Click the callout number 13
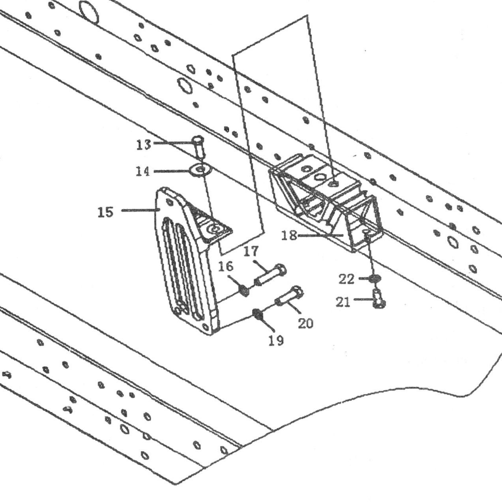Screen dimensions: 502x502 [x=143, y=145]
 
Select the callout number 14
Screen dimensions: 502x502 [x=143, y=172]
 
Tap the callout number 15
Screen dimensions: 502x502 [x=106, y=212]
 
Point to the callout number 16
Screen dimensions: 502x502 [x=226, y=266]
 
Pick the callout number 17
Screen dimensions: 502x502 [x=251, y=251]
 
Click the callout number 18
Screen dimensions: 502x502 [x=289, y=236]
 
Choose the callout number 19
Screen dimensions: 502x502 [x=276, y=340]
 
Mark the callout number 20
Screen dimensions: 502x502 [x=306, y=324]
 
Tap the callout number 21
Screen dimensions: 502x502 [x=343, y=302]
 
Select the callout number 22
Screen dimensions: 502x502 [x=347, y=279]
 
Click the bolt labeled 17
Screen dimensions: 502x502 [x=270, y=275]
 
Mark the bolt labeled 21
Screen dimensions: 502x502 [x=378, y=299]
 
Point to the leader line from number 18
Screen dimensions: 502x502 [x=321, y=235]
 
